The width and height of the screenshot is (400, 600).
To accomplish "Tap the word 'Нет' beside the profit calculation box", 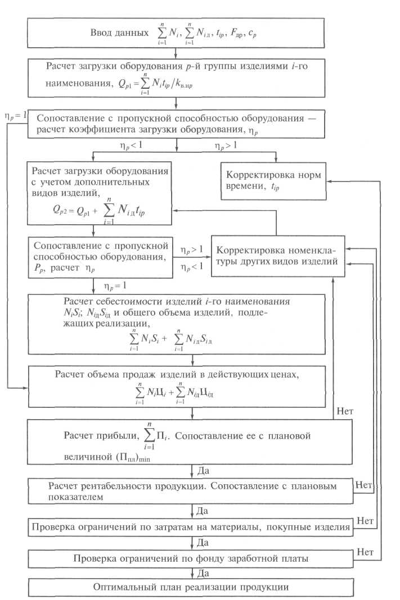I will (x=344, y=411).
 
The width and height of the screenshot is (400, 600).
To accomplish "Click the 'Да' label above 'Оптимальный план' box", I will (x=203, y=572).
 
